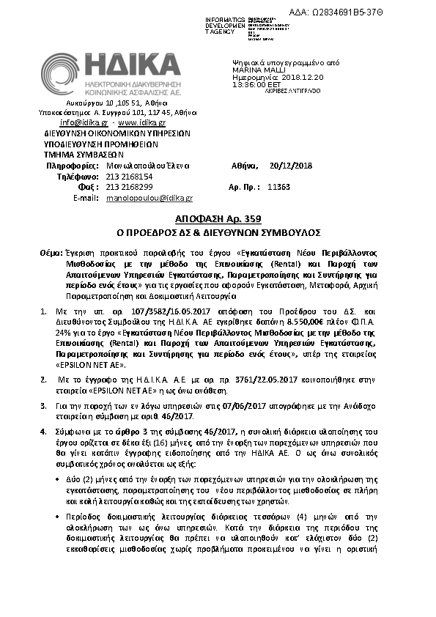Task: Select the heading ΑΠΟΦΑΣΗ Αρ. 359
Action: point(218,219)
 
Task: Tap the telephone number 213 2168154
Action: point(130,177)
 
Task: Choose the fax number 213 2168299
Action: point(130,187)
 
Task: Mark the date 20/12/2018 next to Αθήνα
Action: point(291,166)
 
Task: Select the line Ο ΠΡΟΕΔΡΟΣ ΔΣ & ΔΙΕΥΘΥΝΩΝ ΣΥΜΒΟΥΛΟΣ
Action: point(218,232)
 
